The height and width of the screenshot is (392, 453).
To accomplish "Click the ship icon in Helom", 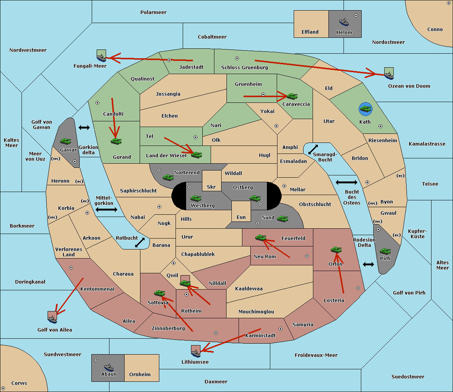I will pyautogui.click(x=344, y=22).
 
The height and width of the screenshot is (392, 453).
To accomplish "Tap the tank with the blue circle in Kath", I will pyautogui.click(x=365, y=109).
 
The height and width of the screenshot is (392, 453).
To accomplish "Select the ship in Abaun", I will pyautogui.click(x=108, y=367).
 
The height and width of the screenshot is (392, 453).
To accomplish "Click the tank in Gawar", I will pyautogui.click(x=65, y=141).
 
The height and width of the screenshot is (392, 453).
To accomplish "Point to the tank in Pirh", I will pyautogui.click(x=385, y=251).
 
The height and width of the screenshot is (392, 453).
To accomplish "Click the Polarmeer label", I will pyautogui.click(x=153, y=12).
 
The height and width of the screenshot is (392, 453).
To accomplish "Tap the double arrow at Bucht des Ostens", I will pyautogui.click(x=346, y=183).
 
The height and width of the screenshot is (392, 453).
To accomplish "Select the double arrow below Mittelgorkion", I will pyautogui.click(x=106, y=210).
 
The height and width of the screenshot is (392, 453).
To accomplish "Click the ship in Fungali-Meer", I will pyautogui.click(x=102, y=57).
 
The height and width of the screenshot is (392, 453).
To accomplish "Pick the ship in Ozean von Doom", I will pyautogui.click(x=389, y=75).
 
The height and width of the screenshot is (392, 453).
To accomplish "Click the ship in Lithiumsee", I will pyautogui.click(x=196, y=353).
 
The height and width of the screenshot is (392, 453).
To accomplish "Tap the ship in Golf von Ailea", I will pyautogui.click(x=52, y=319).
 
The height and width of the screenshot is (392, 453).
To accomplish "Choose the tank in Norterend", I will pyautogui.click(x=168, y=177).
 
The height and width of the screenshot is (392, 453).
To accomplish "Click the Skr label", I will pyautogui.click(x=211, y=187).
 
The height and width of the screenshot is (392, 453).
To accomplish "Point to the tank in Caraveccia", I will pyautogui.click(x=292, y=96).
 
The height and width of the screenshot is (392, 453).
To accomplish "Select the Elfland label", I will pyautogui.click(x=310, y=32).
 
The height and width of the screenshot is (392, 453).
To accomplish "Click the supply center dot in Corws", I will pyautogui.click(x=3, y=388).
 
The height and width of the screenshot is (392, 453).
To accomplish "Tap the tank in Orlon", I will pyautogui.click(x=336, y=250).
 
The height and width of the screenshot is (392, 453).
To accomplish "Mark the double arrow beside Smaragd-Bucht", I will pyautogui.click(x=313, y=150).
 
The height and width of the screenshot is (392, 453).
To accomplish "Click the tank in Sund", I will pyautogui.click(x=282, y=218).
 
